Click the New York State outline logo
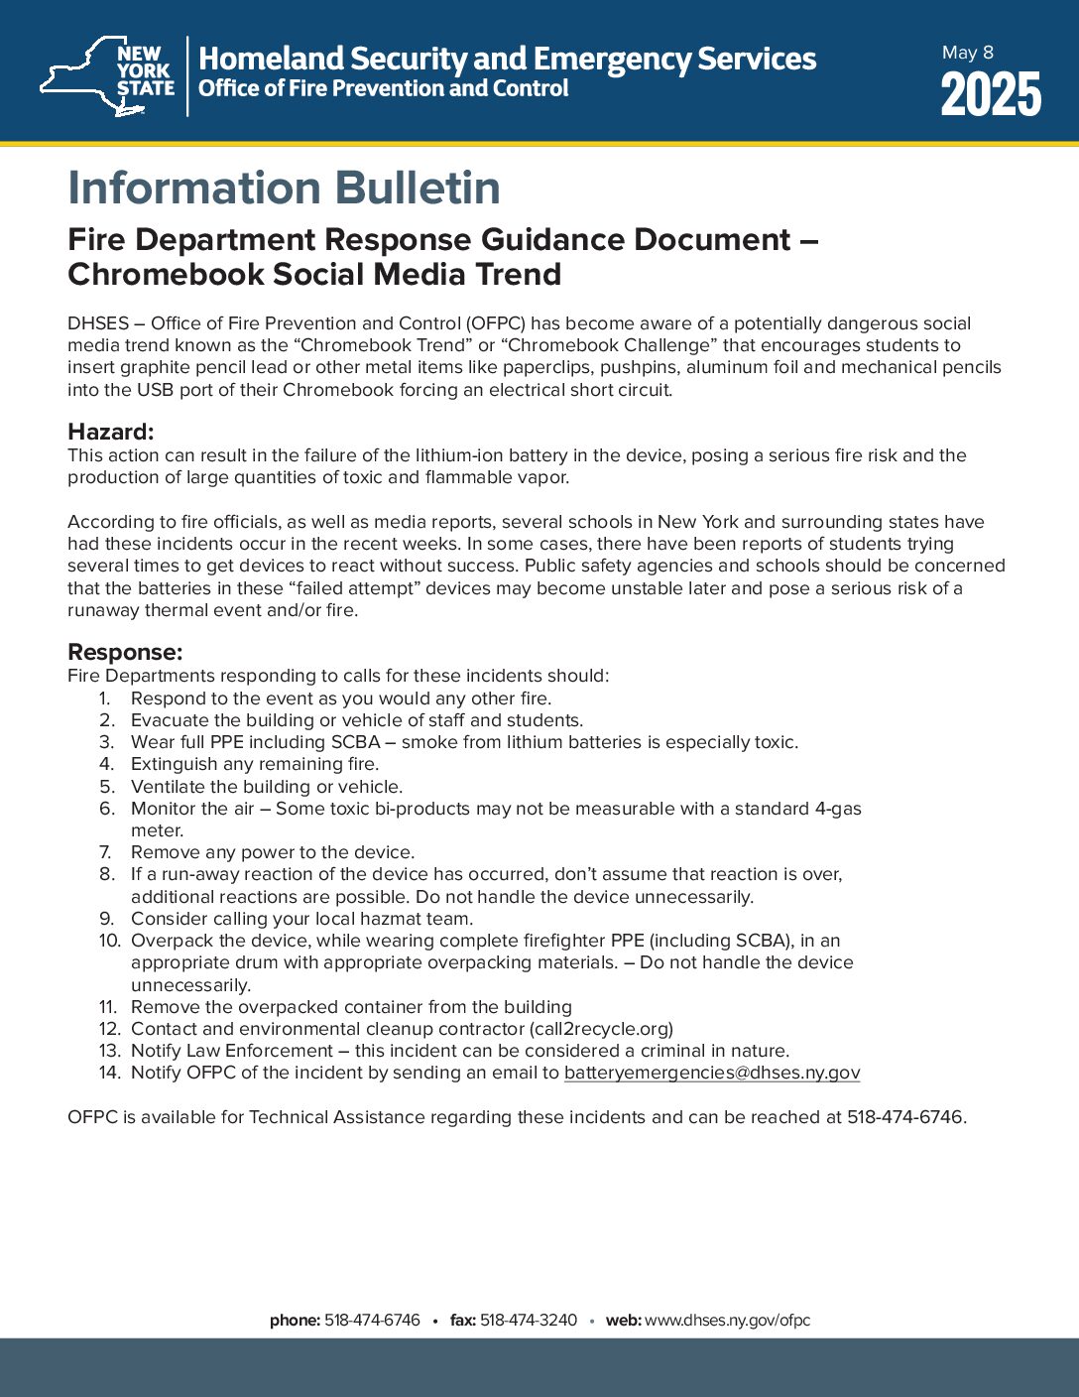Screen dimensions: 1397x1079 [107, 76]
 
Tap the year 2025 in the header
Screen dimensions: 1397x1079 [991, 96]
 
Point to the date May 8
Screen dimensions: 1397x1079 [967, 53]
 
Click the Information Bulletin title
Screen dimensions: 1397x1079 [284, 188]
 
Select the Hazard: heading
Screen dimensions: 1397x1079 [110, 432]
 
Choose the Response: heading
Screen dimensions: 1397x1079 [125, 652]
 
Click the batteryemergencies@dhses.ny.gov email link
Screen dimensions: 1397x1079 [712, 1073]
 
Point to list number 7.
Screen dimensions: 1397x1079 [105, 852]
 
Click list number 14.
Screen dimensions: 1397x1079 [109, 1073]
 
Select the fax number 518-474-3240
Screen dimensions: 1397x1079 [529, 1321]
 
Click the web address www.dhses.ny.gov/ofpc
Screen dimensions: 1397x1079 [728, 1321]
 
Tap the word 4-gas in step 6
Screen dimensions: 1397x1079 [838, 809]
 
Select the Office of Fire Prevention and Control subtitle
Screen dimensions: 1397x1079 [384, 88]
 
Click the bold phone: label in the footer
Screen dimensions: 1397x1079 [295, 1321]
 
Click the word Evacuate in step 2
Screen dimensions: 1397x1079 [170, 720]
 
